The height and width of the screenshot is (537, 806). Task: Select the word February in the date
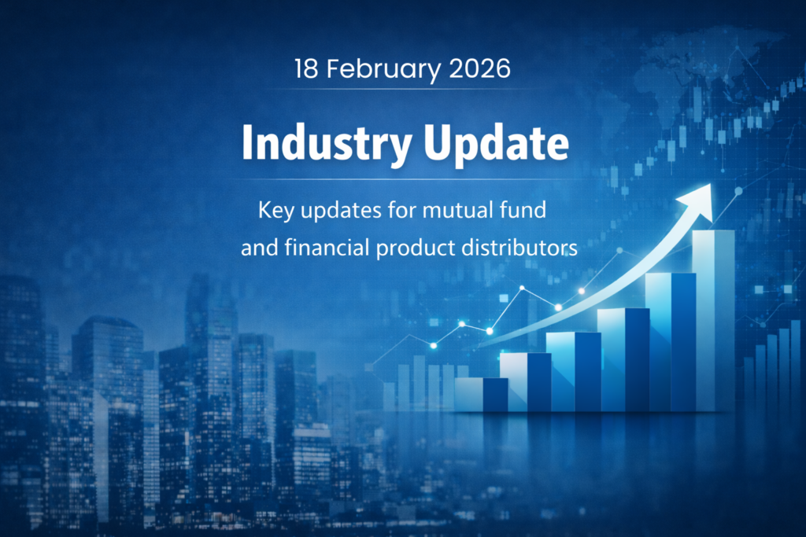point(375,69)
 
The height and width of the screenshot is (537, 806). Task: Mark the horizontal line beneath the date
point(403,89)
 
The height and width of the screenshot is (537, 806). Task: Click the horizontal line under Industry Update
point(403,179)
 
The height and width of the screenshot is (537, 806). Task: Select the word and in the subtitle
point(255,248)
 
